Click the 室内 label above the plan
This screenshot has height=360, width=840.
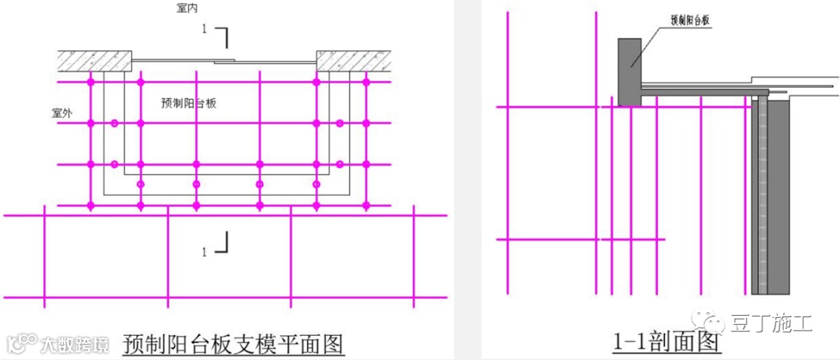tap(187, 7)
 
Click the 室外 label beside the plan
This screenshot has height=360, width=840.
tap(62, 113)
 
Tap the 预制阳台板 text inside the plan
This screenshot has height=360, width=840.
tap(188, 103)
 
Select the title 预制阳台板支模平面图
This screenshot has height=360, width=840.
tap(233, 343)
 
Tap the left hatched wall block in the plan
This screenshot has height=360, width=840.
tap(94, 59)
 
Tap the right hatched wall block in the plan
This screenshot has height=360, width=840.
tap(353, 59)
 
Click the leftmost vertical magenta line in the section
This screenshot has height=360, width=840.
tap(507, 156)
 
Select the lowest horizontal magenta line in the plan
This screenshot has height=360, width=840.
tap(226, 297)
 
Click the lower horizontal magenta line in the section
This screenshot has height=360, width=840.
tap(579, 239)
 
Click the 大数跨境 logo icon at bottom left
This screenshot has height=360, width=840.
tap(23, 343)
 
